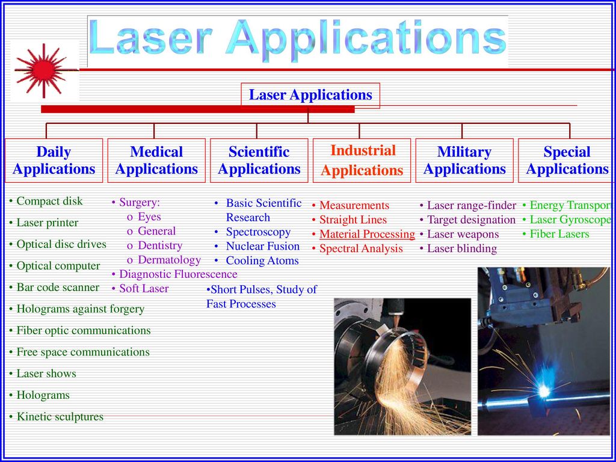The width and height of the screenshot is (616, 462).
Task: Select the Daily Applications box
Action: pos(54,160)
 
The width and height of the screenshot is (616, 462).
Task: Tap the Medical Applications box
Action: pos(156,160)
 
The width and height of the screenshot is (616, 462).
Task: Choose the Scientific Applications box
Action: pos(259,160)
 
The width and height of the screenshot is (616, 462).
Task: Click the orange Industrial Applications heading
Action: pos(362,160)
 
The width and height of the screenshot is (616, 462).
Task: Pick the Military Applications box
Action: pos(464,160)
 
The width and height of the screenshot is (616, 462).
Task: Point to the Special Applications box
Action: pos(567,160)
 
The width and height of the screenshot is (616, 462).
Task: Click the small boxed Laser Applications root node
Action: pos(310,95)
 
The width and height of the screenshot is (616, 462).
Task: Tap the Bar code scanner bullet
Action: pos(54,287)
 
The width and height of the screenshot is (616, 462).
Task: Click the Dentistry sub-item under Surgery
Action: pos(155,245)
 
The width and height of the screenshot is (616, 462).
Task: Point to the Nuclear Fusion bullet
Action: pos(257,246)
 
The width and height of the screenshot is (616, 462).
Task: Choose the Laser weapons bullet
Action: pos(459,234)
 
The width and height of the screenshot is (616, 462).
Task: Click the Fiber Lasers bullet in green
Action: pos(556,234)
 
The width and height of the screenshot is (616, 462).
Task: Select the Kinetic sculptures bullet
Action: pos(56,416)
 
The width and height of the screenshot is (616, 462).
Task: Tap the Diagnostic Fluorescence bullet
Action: pos(174,274)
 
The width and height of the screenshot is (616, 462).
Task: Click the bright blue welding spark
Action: pos(544,390)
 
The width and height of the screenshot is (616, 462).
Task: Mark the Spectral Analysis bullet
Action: pos(357,248)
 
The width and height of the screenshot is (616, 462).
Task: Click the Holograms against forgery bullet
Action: pos(76,309)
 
